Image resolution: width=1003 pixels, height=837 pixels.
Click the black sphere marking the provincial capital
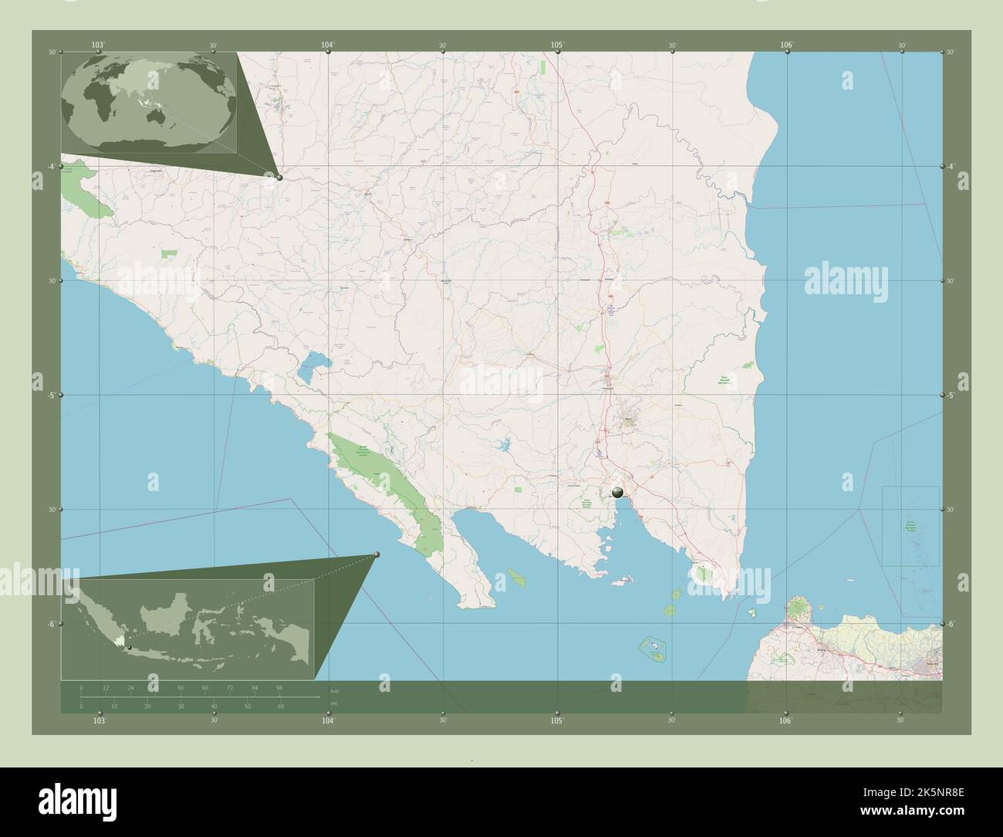pyautogui.click(x=617, y=491)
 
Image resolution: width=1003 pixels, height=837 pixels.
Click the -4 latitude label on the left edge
pyautogui.click(x=52, y=166)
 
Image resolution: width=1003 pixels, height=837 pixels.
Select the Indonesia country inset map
pyautogui.click(x=189, y=627)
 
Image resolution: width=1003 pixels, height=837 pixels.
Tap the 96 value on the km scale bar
pyautogui.click(x=280, y=687)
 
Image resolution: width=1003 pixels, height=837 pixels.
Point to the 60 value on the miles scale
pyautogui.click(x=281, y=706)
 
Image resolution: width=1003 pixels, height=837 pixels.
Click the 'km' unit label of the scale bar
pyautogui.click(x=334, y=690)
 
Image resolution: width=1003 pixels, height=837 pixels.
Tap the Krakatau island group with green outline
pyautogui.click(x=653, y=647)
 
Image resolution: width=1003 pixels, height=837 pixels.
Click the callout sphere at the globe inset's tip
pyautogui.click(x=279, y=178)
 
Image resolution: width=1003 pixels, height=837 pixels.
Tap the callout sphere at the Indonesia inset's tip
pyautogui.click(x=377, y=554)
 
